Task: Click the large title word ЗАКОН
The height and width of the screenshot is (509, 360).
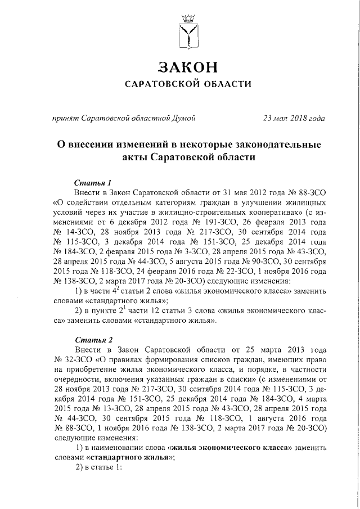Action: coord(187,67)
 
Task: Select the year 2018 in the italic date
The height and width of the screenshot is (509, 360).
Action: coord(297,118)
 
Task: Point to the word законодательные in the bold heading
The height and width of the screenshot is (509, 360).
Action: coord(269,145)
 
